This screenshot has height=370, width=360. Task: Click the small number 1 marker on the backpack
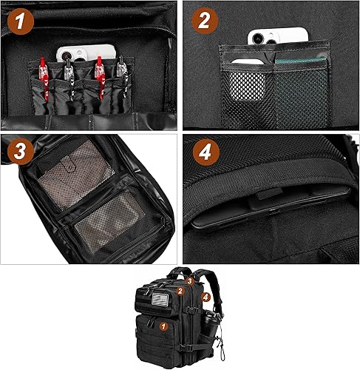[x=164, y=324]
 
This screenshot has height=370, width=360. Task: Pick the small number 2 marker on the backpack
[x=179, y=292]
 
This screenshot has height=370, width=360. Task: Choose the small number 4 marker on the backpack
[x=206, y=297]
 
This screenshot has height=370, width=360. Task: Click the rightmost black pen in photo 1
[x=120, y=74]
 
